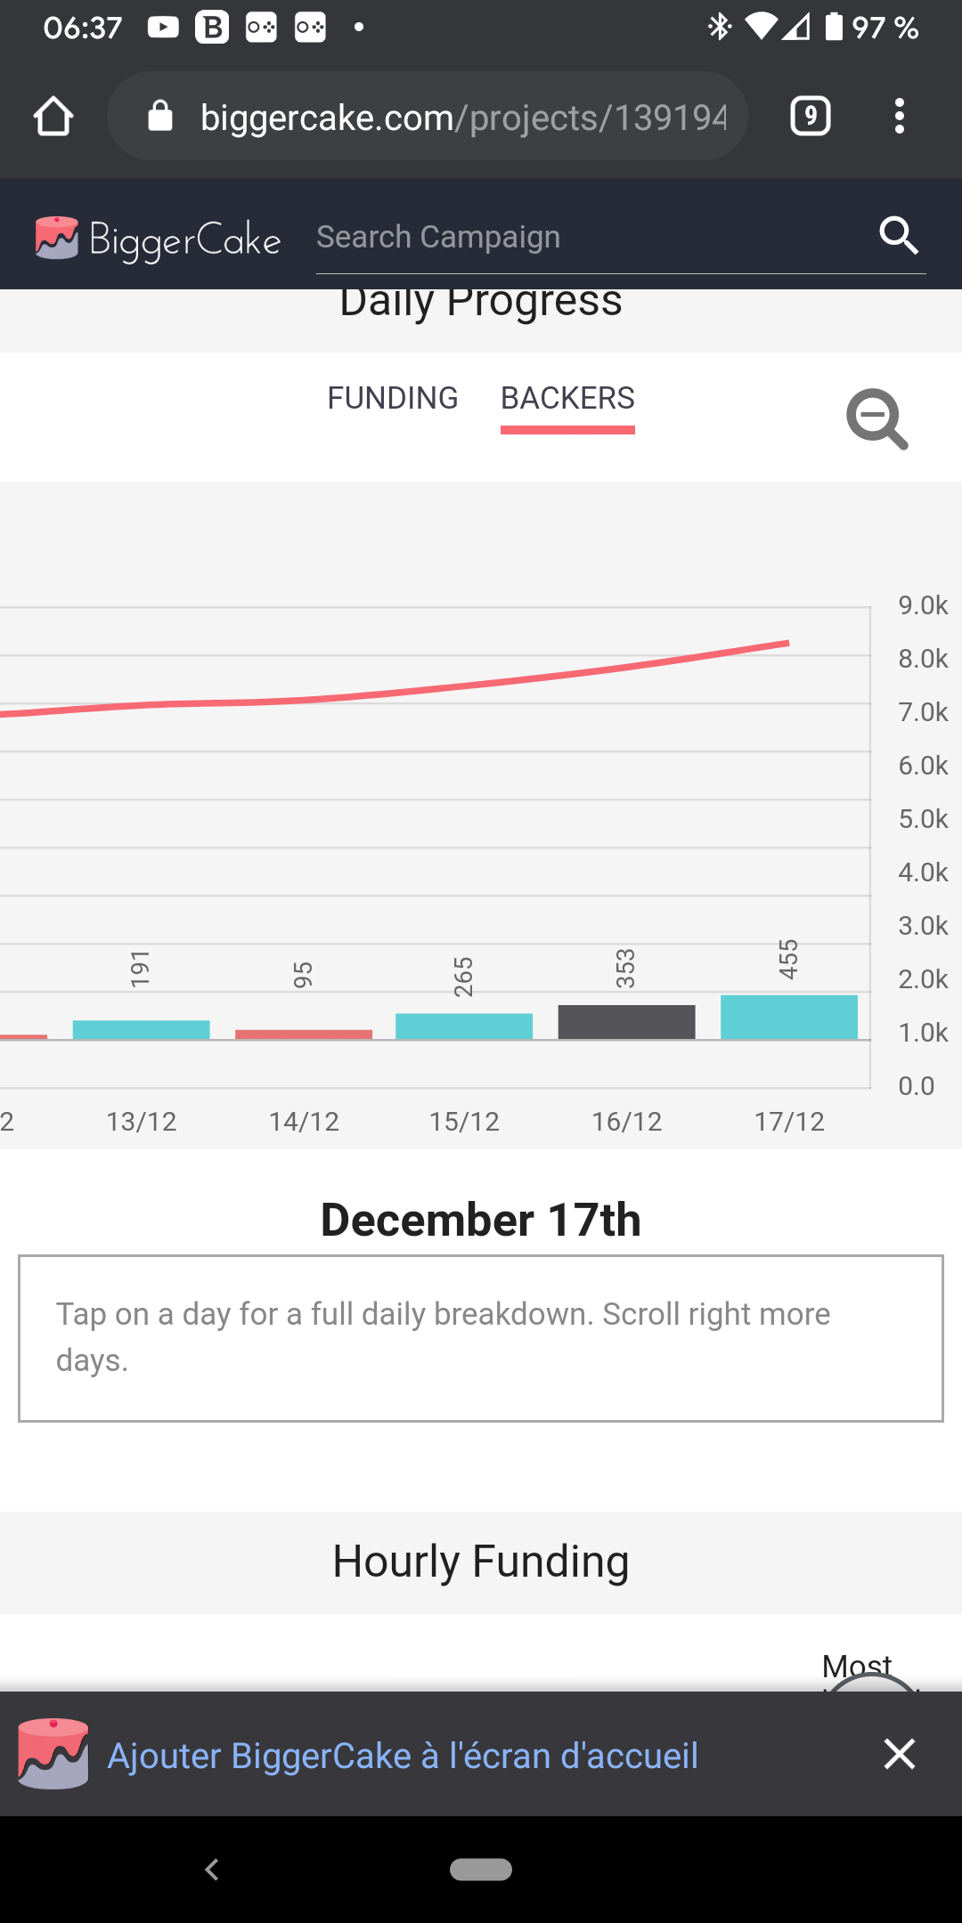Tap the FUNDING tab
tap(392, 398)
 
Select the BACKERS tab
tap(567, 398)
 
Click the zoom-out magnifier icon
tap(876, 418)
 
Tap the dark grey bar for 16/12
tap(626, 1021)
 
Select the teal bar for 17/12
tap(788, 1017)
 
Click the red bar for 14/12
tap(304, 1034)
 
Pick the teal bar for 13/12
tap(141, 1029)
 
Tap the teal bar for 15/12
tap(464, 1026)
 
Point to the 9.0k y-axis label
tap(923, 605)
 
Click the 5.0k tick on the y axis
tap(923, 819)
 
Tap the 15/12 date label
tap(464, 1122)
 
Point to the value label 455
tap(788, 959)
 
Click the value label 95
tap(303, 974)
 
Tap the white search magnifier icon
tap(898, 236)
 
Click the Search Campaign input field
tap(588, 238)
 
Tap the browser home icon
tap(53, 117)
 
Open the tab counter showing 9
tap(810, 117)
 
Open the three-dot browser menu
tap(900, 117)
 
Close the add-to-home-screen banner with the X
tap(900, 1754)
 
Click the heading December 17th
tap(481, 1220)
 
